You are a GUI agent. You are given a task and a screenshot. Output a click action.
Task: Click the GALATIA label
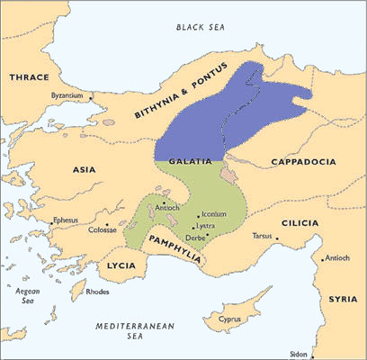[189, 160]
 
